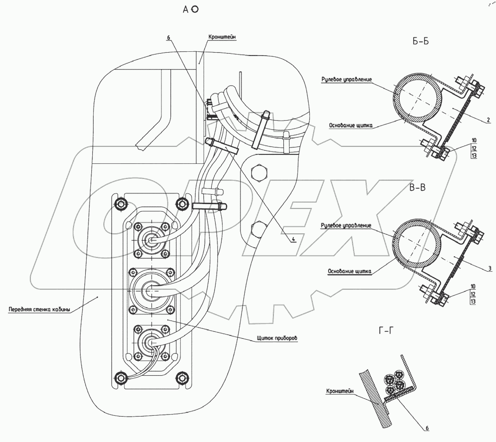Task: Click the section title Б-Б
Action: (420, 41)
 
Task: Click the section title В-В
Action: (417, 187)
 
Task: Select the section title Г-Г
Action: (386, 331)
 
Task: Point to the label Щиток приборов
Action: (277, 338)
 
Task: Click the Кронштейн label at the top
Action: (222, 37)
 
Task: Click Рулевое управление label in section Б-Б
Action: (347, 79)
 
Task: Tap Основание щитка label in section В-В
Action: (350, 271)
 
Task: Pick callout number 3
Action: (490, 269)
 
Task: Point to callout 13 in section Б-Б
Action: (474, 156)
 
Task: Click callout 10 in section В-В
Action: (473, 286)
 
